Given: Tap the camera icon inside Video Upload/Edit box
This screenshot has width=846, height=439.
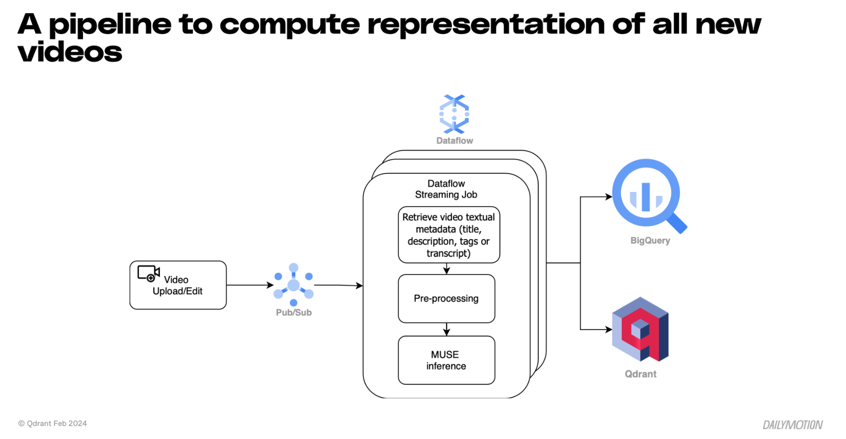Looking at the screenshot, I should [148, 273].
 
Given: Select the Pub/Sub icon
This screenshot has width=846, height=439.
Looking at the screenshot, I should [293, 285].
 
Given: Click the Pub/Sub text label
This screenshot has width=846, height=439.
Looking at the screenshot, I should [293, 313].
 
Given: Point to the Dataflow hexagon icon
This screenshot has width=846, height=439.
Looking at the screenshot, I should [454, 114].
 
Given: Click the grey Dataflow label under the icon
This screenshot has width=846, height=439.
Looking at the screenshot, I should [455, 141].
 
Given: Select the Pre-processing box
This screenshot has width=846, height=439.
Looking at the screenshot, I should [446, 299].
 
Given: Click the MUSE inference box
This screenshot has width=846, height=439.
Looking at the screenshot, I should [446, 360].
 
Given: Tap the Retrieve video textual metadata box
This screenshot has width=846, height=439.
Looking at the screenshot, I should [449, 235].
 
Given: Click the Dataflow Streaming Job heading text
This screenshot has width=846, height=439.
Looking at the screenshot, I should [446, 189].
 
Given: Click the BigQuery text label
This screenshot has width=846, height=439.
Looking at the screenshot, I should [650, 241].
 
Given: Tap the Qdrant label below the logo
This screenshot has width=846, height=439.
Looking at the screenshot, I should [640, 374].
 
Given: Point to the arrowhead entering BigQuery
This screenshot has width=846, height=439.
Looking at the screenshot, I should [609, 197].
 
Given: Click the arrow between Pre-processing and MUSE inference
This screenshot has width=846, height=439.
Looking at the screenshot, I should [446, 329].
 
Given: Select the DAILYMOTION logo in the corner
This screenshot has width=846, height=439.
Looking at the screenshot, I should [792, 425].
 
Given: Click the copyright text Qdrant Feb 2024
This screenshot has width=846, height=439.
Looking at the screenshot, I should [52, 423].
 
